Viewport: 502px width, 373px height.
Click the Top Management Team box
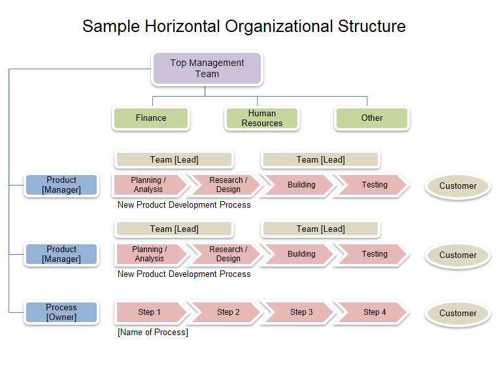point(207,69)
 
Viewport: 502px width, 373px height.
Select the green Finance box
point(151,118)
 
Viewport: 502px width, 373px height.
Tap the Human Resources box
point(262,118)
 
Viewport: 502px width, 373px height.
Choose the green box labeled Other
point(372,118)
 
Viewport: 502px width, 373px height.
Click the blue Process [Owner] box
point(61,312)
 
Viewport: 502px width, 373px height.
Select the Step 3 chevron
point(300,312)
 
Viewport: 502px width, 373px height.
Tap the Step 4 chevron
point(373,312)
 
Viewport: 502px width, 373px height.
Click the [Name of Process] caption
point(153,332)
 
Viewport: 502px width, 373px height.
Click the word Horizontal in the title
point(182,26)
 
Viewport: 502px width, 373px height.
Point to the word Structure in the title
point(372,26)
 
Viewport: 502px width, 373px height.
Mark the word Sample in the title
point(111,27)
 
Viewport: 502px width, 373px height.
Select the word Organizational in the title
point(279,27)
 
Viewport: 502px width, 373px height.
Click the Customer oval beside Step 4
point(458,313)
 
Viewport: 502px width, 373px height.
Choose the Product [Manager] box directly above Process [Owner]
point(61,254)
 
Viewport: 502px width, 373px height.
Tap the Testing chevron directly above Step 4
point(373,254)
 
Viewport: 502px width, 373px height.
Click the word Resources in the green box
point(262,123)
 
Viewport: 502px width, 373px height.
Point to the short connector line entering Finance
point(152,101)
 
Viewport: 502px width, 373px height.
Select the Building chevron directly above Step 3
point(300,254)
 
